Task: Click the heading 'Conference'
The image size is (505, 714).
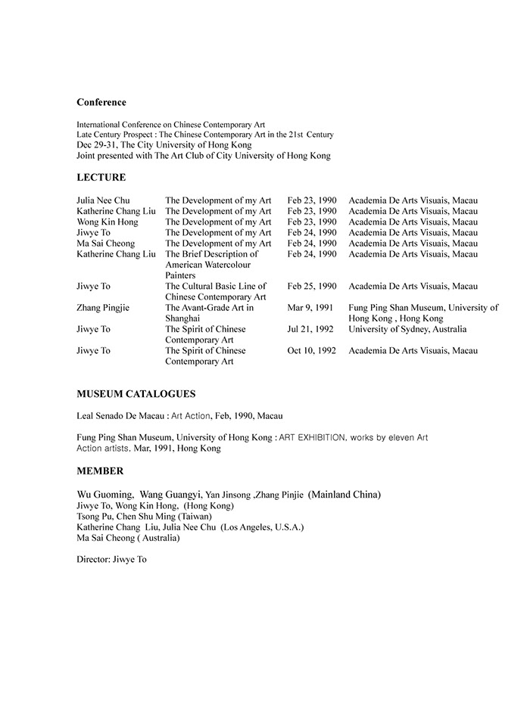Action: click(x=101, y=102)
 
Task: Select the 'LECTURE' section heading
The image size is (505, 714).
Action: click(x=101, y=178)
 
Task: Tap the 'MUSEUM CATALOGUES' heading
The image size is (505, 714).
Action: click(x=136, y=394)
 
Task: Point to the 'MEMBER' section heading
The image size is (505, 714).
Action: click(x=100, y=471)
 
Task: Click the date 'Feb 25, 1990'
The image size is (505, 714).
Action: click(x=312, y=287)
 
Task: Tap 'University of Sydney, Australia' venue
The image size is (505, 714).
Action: click(x=407, y=330)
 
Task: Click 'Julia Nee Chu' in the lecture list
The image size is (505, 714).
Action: click(x=104, y=200)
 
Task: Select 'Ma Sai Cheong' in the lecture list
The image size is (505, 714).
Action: click(x=105, y=244)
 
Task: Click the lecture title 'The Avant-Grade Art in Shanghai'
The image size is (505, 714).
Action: click(x=209, y=314)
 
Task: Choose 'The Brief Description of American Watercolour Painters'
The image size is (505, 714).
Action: click(x=211, y=265)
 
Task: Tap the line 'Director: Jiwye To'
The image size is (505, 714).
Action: click(x=111, y=560)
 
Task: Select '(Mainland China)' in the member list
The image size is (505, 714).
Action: click(x=344, y=495)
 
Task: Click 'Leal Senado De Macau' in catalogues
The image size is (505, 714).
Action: click(x=121, y=416)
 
